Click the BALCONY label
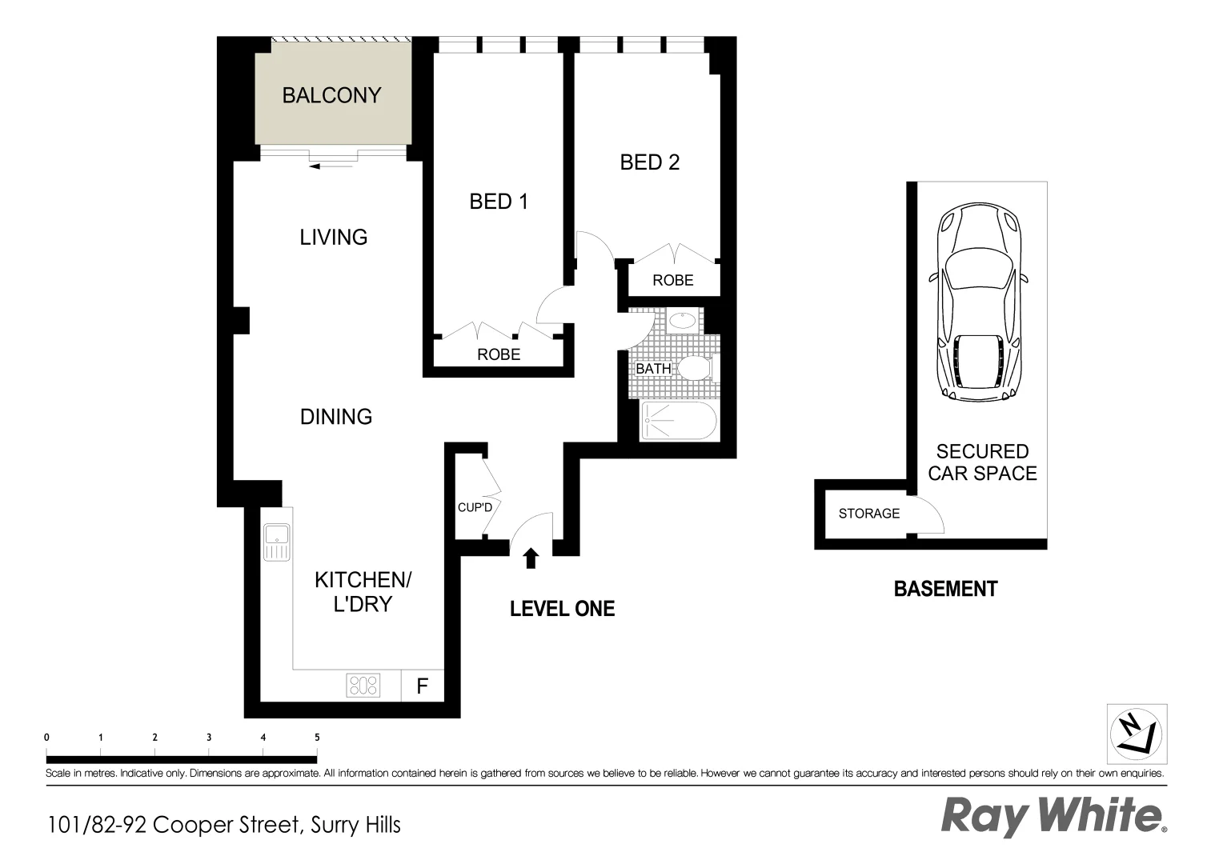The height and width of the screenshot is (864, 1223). [x=331, y=95]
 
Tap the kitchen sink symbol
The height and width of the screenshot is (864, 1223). [x=276, y=542]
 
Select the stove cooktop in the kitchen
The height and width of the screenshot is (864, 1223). [x=363, y=686]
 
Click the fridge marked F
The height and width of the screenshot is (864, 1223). [x=422, y=686]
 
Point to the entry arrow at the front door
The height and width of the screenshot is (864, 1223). [x=530, y=558]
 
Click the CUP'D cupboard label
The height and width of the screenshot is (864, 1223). [x=475, y=507]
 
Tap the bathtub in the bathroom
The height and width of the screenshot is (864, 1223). [x=679, y=421]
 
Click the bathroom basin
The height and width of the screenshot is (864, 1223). [x=681, y=322]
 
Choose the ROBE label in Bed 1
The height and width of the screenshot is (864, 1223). [x=499, y=354]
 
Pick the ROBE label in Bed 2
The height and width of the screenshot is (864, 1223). [x=672, y=281]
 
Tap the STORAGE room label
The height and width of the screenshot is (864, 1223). [x=868, y=514]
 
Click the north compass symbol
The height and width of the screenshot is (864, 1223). [x=1137, y=734]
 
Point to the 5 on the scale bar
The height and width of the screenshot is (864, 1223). [x=317, y=738]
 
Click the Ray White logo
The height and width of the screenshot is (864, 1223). [x=1052, y=817]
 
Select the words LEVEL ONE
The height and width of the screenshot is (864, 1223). [x=562, y=609]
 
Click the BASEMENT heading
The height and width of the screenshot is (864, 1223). [x=945, y=589]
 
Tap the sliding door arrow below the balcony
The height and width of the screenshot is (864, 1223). [x=330, y=166]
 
